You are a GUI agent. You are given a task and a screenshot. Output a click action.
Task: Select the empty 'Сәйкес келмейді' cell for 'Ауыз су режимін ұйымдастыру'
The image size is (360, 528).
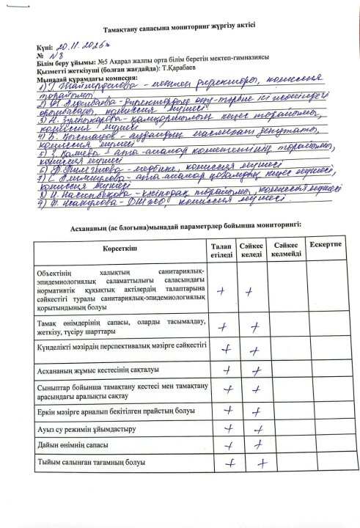(x=287, y=428)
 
